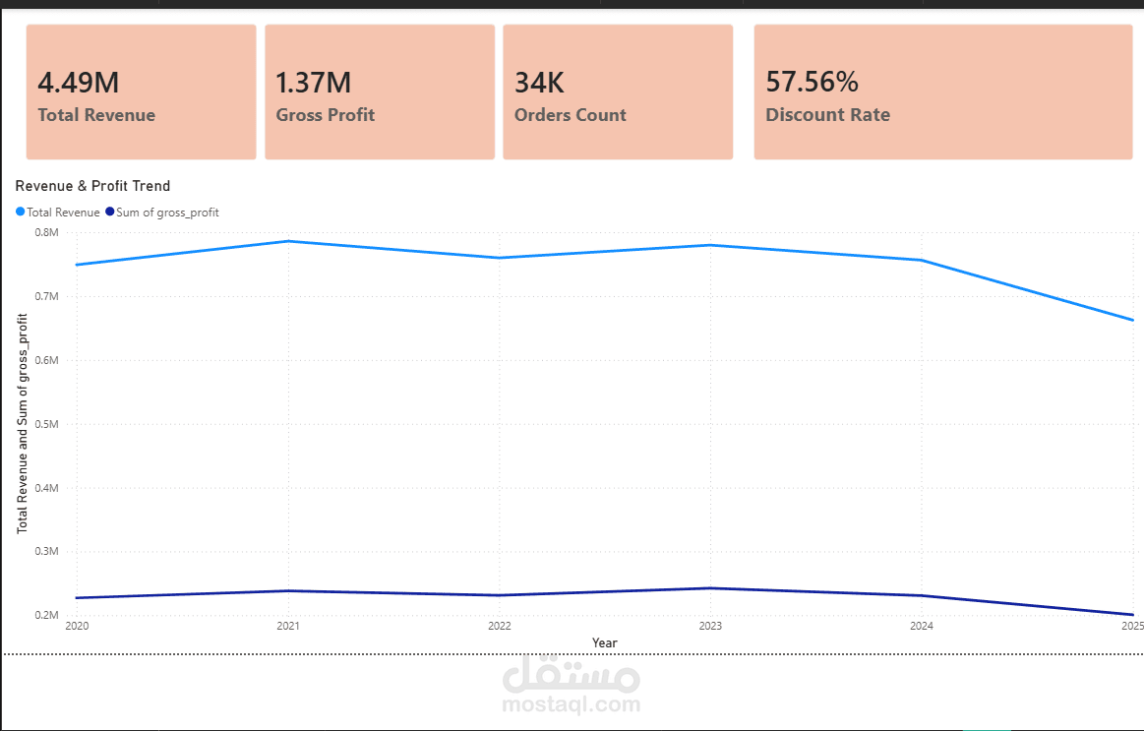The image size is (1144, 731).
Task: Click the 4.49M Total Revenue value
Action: tap(79, 83)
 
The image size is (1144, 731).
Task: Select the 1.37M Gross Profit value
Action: tap(314, 83)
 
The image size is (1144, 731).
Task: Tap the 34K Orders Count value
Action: tap(540, 83)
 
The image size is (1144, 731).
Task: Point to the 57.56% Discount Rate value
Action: tap(813, 83)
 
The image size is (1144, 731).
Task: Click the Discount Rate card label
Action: tap(827, 115)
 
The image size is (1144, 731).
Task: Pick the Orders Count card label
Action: tap(570, 115)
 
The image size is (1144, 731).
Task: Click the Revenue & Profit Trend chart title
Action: tap(92, 186)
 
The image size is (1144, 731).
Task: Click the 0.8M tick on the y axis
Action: tap(47, 232)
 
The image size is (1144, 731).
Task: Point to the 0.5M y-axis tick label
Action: tap(47, 424)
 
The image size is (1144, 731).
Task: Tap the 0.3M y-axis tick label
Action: tap(47, 552)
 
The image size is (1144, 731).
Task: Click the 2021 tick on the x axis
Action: tap(288, 626)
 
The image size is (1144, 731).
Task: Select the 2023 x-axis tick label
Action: tap(710, 626)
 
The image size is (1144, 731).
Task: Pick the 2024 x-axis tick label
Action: tap(922, 626)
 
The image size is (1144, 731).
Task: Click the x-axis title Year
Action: tap(605, 643)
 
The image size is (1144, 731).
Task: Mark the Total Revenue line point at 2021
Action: tap(288, 241)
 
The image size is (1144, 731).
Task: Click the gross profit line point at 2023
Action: tap(710, 588)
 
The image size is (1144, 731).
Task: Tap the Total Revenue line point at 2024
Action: tap(922, 260)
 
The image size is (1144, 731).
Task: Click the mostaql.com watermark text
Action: tap(572, 704)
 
